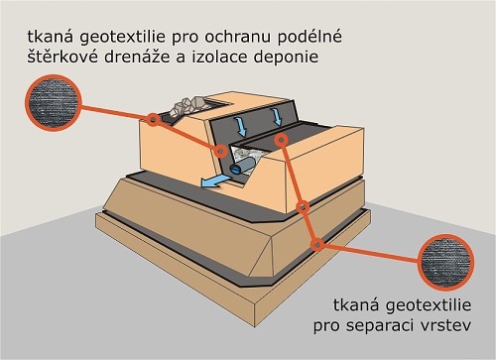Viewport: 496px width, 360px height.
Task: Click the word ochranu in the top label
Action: (x=237, y=38)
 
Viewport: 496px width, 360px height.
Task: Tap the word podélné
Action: (x=309, y=37)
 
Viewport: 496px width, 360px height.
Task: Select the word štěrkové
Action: (x=62, y=57)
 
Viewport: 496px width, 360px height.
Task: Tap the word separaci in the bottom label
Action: (x=380, y=326)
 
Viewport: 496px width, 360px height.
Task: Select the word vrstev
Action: (x=445, y=326)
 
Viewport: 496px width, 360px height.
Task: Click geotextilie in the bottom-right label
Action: (x=429, y=305)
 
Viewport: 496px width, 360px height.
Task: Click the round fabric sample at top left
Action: (x=53, y=102)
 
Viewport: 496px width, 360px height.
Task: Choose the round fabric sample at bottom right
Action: (x=445, y=262)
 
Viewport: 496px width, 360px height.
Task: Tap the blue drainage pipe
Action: (x=242, y=166)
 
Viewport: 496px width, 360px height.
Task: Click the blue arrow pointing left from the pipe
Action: (x=214, y=181)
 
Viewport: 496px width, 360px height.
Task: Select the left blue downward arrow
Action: (x=242, y=127)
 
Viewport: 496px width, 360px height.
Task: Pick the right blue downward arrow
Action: (x=277, y=117)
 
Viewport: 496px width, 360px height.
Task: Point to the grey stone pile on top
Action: (x=186, y=106)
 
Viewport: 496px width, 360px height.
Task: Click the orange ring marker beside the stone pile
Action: (x=153, y=119)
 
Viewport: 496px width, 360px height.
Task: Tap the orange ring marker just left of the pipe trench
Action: (x=221, y=152)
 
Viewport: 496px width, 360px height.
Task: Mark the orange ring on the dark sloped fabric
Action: (x=281, y=140)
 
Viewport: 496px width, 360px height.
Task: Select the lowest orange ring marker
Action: (x=317, y=245)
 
